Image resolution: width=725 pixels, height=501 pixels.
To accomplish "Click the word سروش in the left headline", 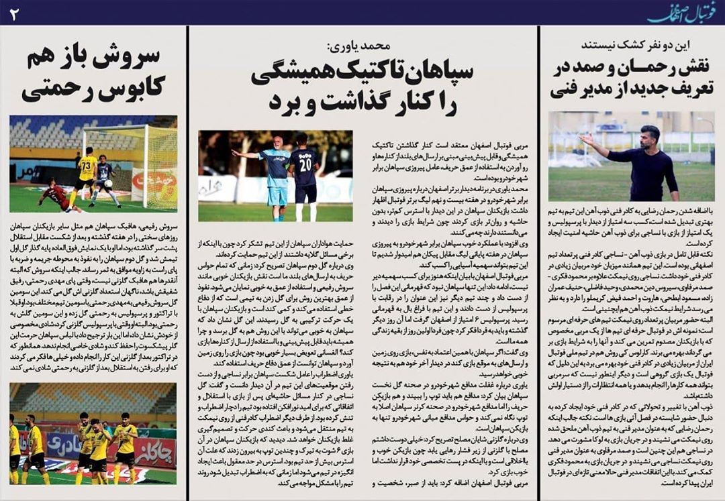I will tap(138, 59).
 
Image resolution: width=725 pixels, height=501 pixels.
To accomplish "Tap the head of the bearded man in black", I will tap(649, 136).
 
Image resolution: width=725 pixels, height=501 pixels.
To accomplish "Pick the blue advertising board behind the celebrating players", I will tap(64, 445).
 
